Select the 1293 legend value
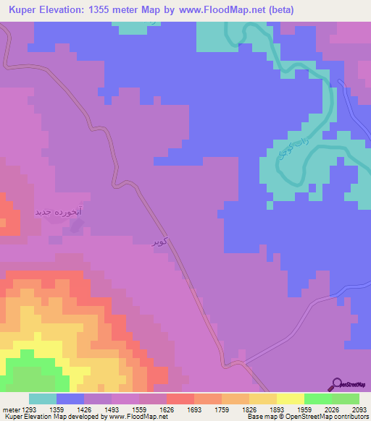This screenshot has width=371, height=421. click(x=29, y=409)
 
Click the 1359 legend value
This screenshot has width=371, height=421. click(x=57, y=409)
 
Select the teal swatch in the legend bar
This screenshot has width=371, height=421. click(x=43, y=399)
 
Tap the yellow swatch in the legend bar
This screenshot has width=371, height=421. click(x=290, y=399)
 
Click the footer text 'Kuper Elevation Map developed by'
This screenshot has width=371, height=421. click(x=43, y=417)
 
